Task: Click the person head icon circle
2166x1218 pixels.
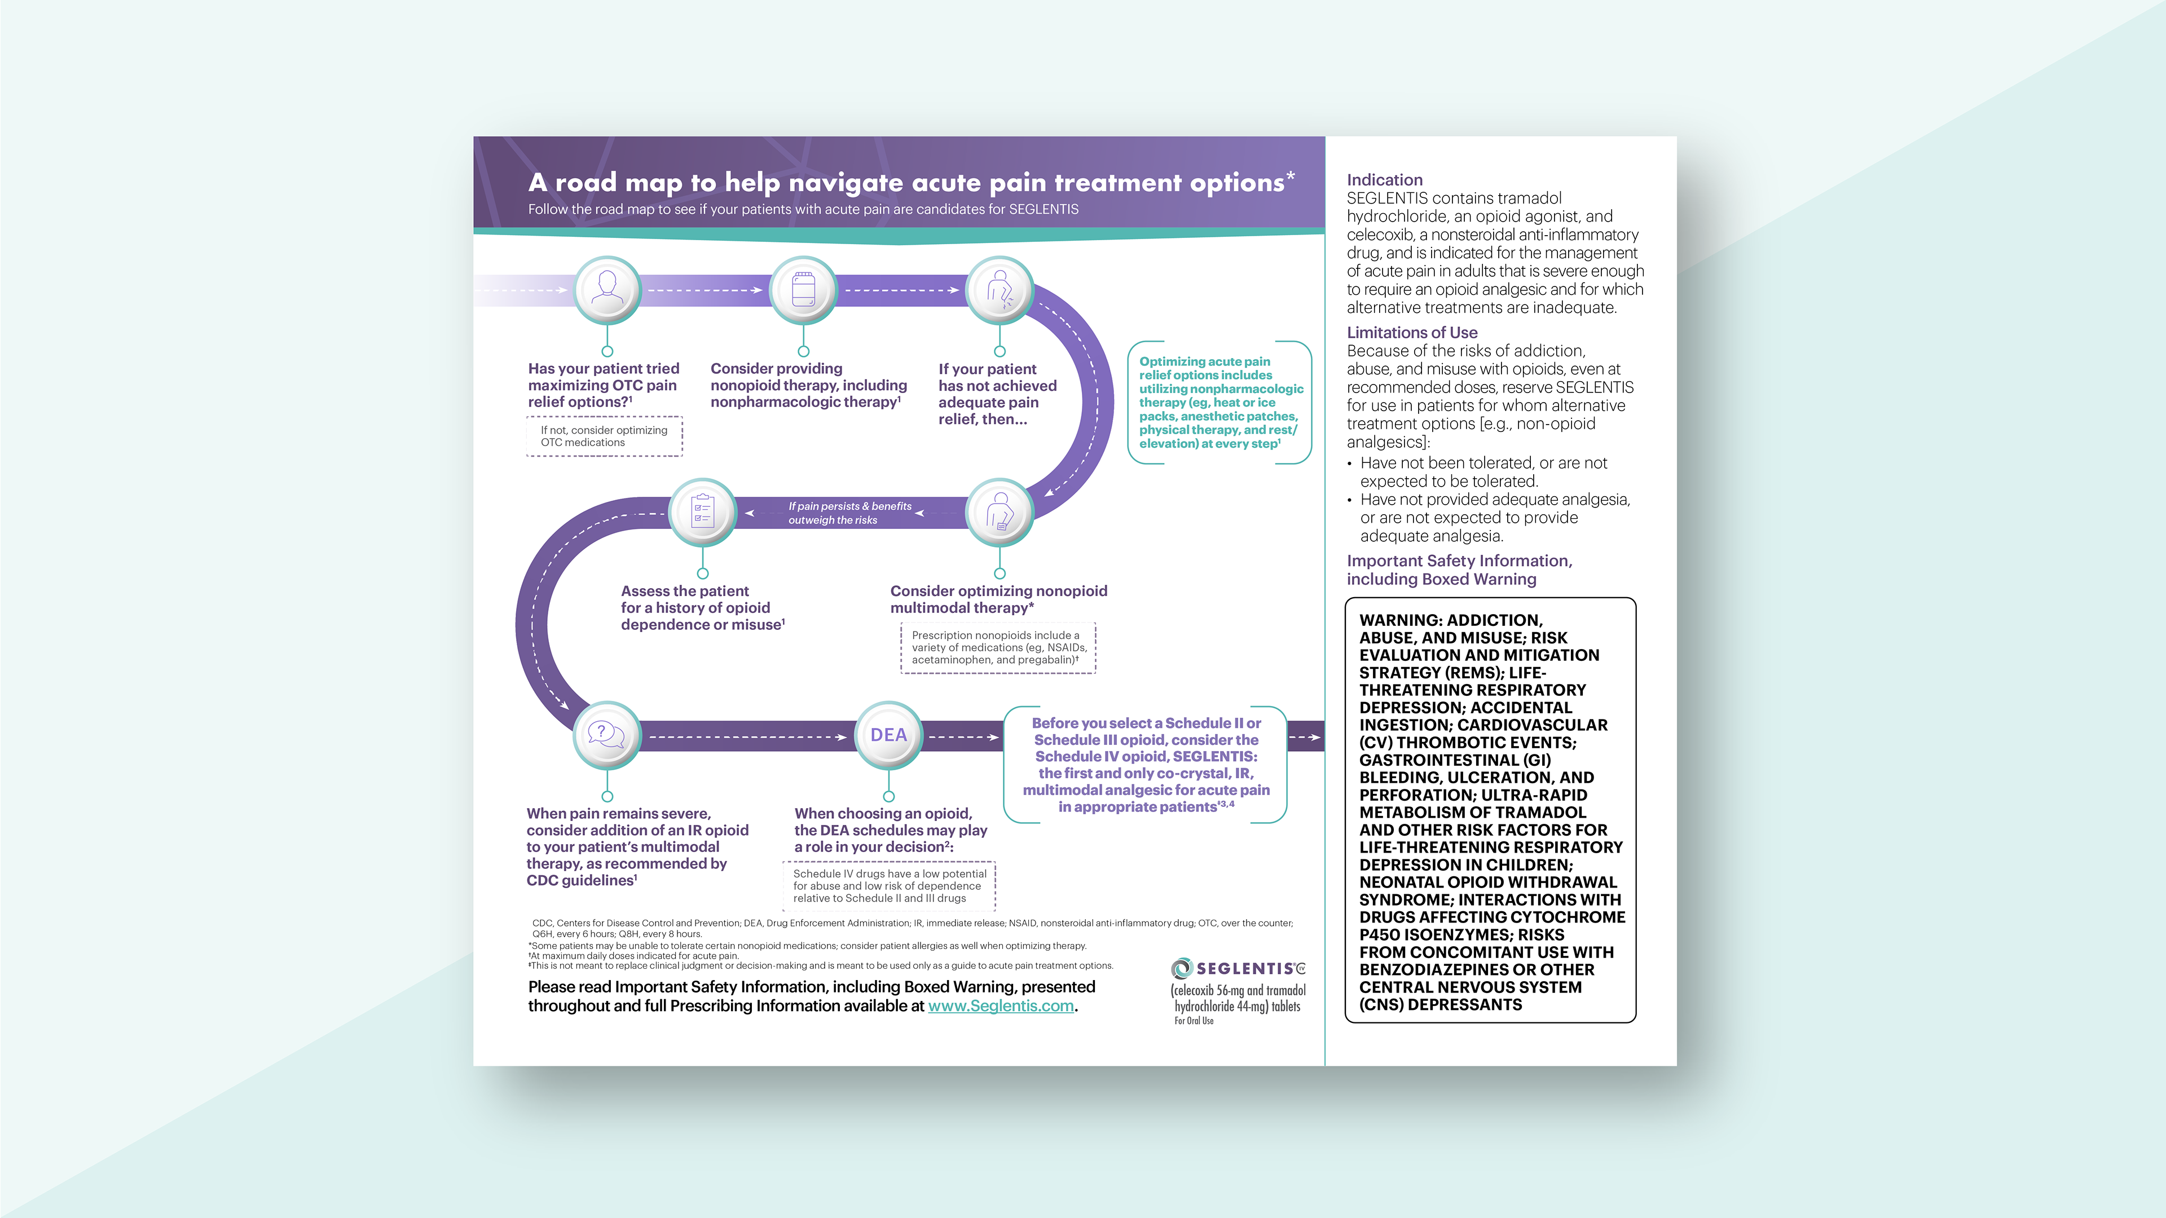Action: (x=606, y=289)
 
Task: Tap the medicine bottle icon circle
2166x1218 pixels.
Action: (x=803, y=289)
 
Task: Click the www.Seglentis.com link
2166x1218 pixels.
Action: (x=1001, y=1005)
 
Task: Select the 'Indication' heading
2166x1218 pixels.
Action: (x=1384, y=180)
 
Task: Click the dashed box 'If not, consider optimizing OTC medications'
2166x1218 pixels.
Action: (x=604, y=436)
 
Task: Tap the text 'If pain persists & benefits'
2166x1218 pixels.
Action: (x=849, y=506)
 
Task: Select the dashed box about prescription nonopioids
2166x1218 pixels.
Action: (x=998, y=647)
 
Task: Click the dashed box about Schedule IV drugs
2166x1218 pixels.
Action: (x=889, y=886)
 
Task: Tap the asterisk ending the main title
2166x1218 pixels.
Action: (x=1291, y=176)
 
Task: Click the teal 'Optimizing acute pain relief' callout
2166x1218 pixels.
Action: (x=1219, y=403)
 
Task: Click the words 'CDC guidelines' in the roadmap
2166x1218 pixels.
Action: (x=579, y=880)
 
